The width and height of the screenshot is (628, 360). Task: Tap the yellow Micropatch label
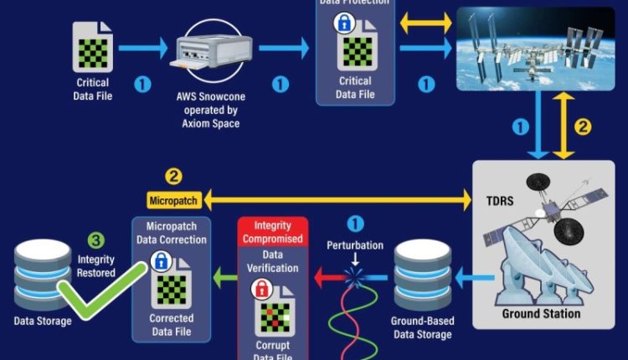coord(172,200)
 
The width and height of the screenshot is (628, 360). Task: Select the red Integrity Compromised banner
coord(273,234)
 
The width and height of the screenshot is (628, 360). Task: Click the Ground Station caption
coord(541,315)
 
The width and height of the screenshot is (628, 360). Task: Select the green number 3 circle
coord(96,240)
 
